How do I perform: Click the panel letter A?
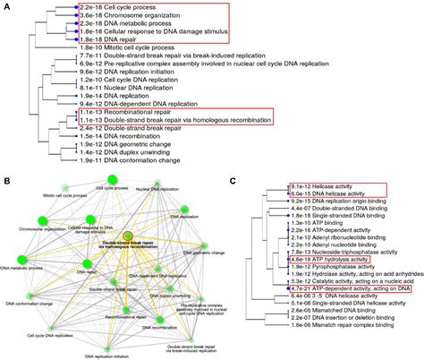5,6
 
